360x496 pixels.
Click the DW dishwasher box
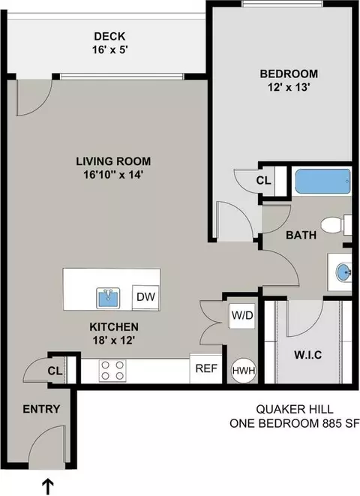click(145, 297)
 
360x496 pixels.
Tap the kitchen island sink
click(108, 298)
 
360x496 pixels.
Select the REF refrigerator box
click(206, 368)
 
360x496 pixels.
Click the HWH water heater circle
click(244, 371)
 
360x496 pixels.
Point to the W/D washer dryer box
click(242, 315)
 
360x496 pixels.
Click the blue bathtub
click(322, 182)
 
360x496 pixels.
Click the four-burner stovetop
click(112, 371)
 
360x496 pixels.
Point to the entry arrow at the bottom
click(47, 488)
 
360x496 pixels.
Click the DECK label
click(109, 36)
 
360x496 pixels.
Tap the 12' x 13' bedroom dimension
click(288, 87)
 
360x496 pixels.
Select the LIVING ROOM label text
click(113, 161)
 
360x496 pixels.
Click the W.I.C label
click(307, 355)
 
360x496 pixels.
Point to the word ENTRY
click(41, 409)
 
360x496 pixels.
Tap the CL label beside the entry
click(55, 371)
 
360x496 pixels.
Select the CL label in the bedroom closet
click(263, 181)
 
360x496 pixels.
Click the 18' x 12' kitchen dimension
click(114, 341)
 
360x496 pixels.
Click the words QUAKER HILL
click(295, 409)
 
